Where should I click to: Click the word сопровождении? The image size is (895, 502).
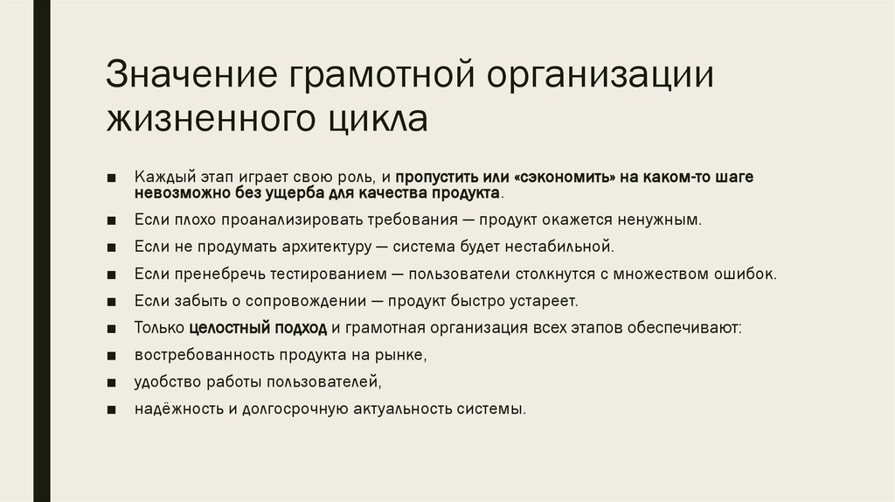click(x=307, y=301)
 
